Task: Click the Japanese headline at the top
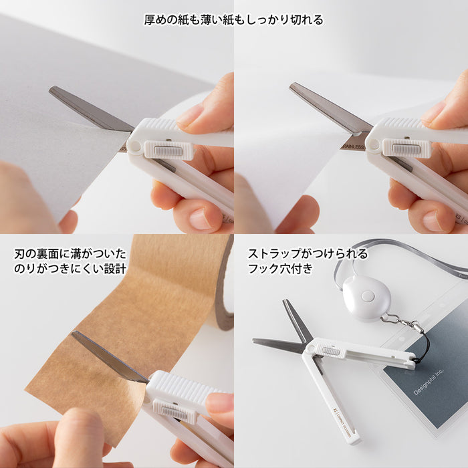click(x=234, y=19)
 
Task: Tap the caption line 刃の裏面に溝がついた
click(x=70, y=254)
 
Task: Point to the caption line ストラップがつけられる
click(x=308, y=254)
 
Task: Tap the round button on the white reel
click(x=367, y=295)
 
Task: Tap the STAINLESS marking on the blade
click(x=352, y=146)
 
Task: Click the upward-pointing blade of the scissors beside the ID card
click(x=294, y=318)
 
